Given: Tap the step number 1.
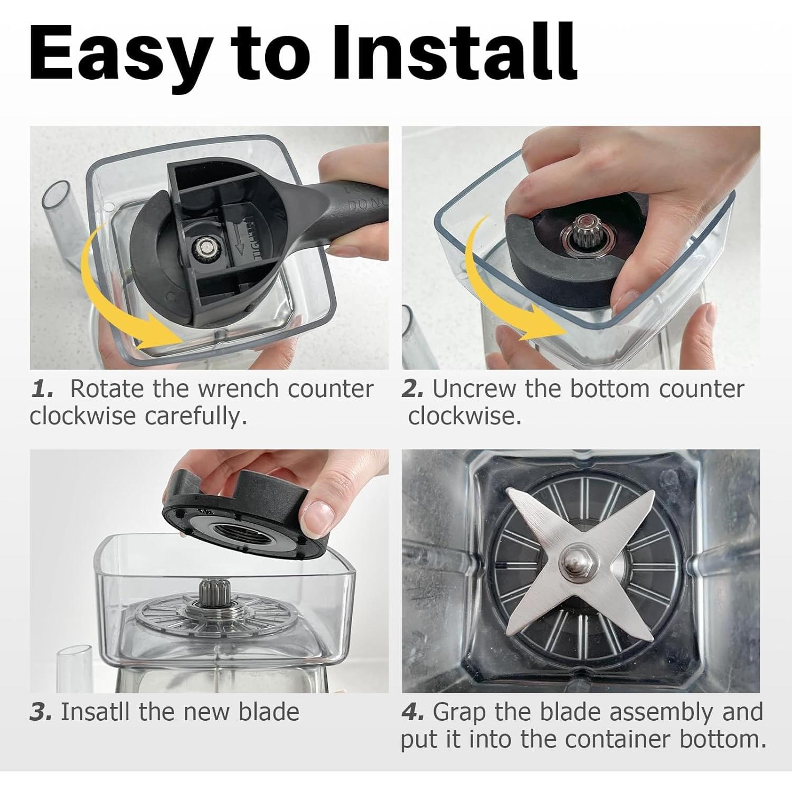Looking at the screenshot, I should [x=42, y=390].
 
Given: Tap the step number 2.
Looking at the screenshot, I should [x=412, y=390].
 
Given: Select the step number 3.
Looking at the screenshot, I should [x=41, y=712].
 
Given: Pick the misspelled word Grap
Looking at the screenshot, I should [x=459, y=713].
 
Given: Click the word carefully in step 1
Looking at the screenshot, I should [x=196, y=417].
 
